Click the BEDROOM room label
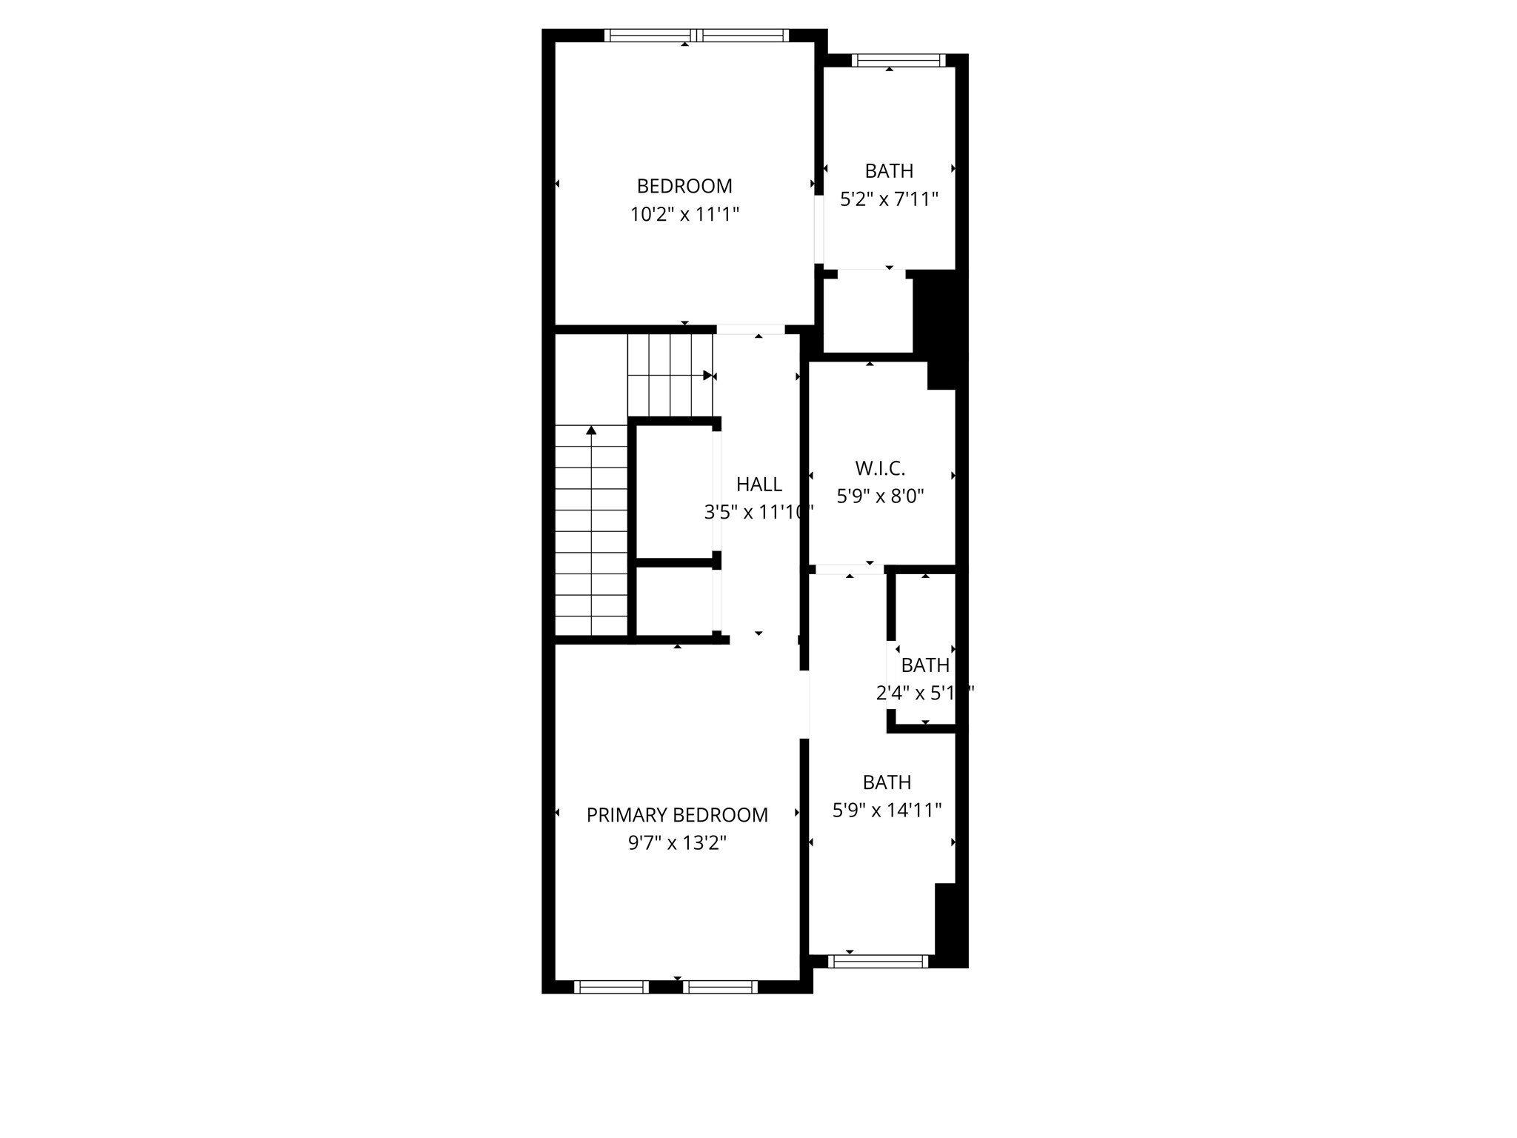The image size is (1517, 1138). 684,186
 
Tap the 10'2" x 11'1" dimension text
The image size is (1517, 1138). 684,215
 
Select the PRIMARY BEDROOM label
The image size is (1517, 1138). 677,815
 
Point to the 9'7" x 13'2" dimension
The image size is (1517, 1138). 677,843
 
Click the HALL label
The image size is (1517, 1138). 758,485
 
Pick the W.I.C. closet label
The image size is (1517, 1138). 880,468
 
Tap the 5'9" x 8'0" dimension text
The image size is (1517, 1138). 880,496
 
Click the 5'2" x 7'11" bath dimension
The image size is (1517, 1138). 889,199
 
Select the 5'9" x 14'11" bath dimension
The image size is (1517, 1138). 887,811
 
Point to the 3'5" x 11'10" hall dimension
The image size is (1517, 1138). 758,513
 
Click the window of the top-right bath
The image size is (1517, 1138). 898,61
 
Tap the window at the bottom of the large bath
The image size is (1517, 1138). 878,962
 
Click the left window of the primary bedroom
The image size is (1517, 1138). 611,987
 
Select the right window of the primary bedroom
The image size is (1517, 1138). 720,987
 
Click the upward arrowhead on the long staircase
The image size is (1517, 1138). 591,430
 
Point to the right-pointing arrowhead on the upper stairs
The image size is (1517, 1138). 707,376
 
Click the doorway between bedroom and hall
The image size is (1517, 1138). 750,330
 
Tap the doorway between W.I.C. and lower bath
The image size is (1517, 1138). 849,569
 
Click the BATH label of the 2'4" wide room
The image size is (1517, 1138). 925,665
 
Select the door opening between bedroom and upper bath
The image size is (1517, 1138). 818,229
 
